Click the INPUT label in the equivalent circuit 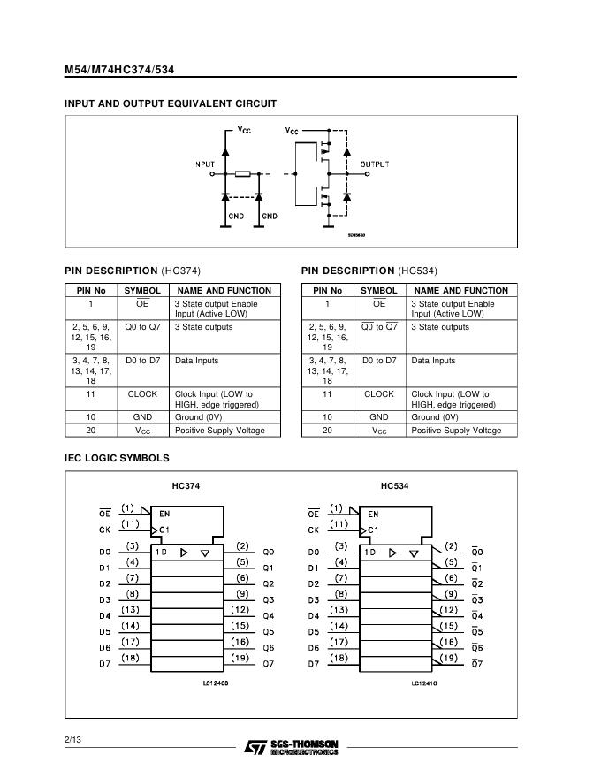203,164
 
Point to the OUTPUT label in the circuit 374,164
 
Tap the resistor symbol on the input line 243,174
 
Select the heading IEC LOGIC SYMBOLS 117,458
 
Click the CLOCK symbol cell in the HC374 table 142,394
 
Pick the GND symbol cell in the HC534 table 379,416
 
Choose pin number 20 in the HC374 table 91,431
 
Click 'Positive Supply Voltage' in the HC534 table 456,431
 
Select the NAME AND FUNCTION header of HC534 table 461,290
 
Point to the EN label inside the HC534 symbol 373,514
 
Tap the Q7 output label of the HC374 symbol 268,664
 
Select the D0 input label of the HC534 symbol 313,552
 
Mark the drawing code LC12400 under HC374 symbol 215,683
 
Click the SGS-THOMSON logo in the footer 291,747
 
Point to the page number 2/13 72,738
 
